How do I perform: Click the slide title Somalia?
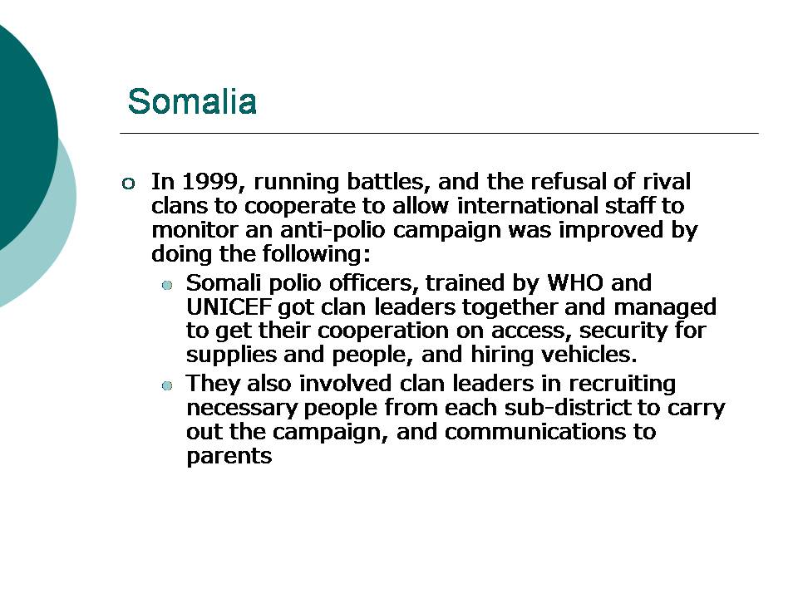pyautogui.click(x=192, y=101)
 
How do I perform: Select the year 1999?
pyautogui.click(x=208, y=182)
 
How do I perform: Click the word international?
pyautogui.click(x=527, y=205)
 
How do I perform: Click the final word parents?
pyautogui.click(x=229, y=457)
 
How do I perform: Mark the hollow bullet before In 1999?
pyautogui.click(x=128, y=183)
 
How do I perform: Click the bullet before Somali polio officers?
pyautogui.click(x=167, y=285)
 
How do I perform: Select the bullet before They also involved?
pyautogui.click(x=167, y=386)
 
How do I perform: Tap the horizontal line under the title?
pyautogui.click(x=439, y=133)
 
